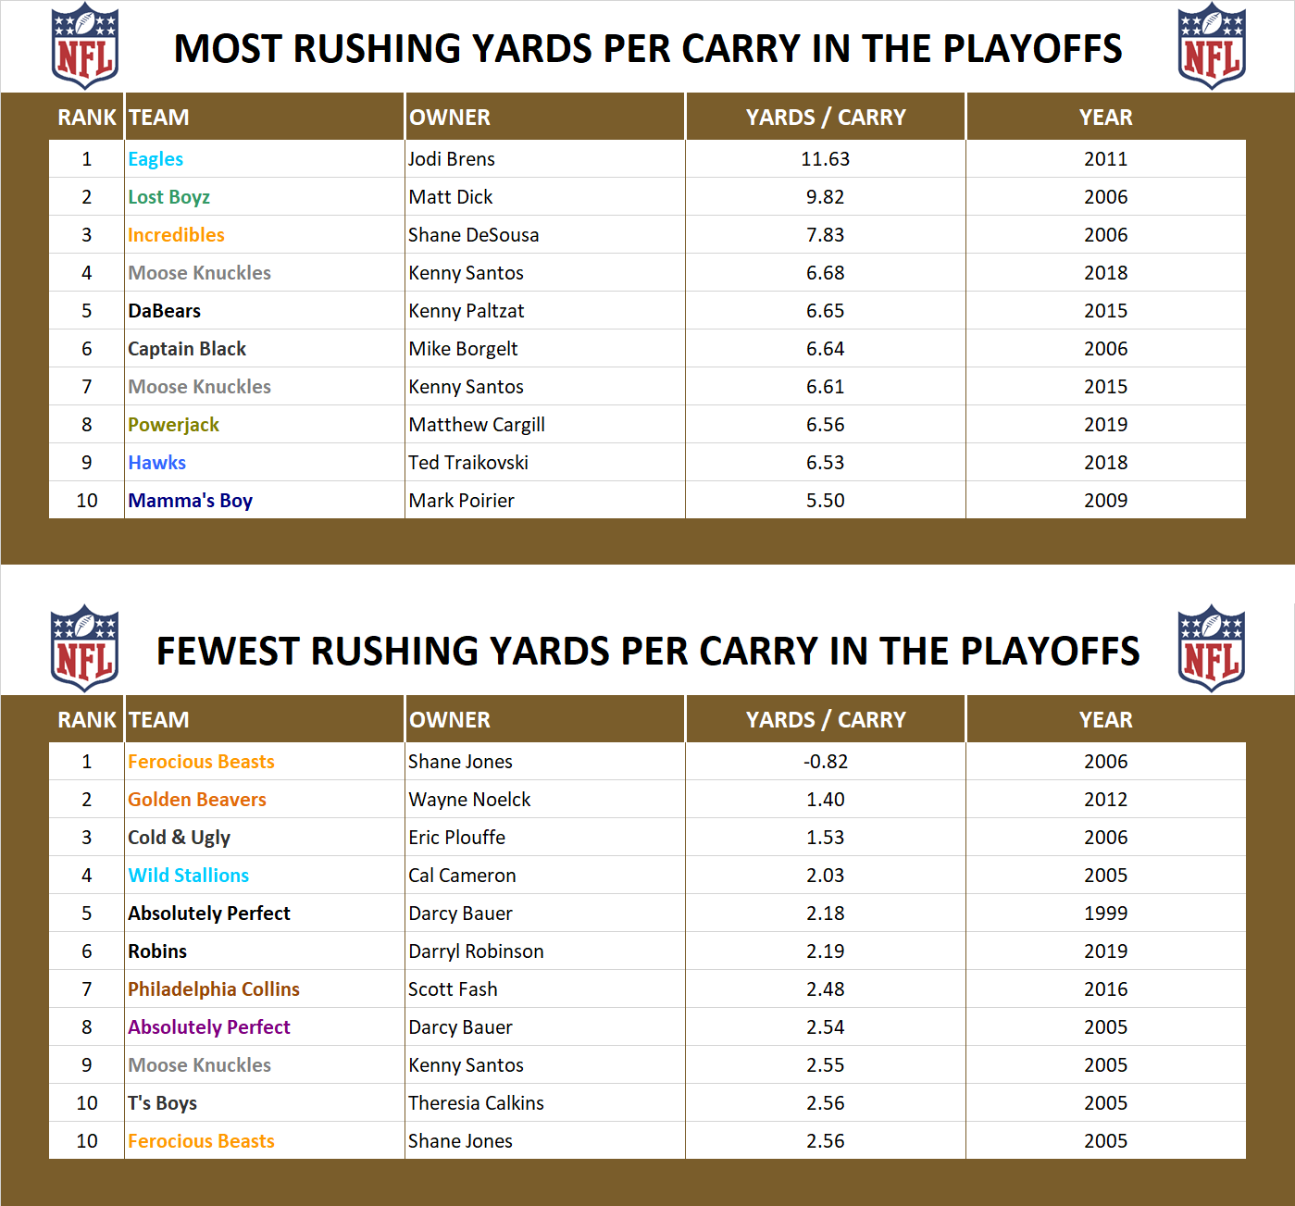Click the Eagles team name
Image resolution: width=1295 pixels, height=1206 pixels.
156,159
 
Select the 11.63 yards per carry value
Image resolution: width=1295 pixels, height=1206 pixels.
825,159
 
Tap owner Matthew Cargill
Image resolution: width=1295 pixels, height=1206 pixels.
477,425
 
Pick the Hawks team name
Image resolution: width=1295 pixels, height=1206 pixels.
157,463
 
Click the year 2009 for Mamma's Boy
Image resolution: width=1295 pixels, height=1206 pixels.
1105,501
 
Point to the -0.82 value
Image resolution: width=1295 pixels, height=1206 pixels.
825,762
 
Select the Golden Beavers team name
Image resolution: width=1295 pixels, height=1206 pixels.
197,800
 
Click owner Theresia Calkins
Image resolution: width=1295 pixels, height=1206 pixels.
476,1103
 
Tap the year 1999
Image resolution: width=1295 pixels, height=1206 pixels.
1105,914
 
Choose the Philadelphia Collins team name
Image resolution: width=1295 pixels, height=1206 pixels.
214,989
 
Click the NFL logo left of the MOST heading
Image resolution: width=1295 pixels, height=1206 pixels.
84,46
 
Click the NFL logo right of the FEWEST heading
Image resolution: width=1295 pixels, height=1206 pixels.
1211,649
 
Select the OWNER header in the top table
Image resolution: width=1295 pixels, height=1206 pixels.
450,118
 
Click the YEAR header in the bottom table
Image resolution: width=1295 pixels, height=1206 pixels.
1105,720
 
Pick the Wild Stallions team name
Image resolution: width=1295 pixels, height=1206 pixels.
189,876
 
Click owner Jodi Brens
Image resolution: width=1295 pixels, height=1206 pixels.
452,159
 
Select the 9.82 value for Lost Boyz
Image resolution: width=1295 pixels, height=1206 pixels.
825,197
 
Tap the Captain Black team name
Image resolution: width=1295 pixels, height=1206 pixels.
187,349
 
